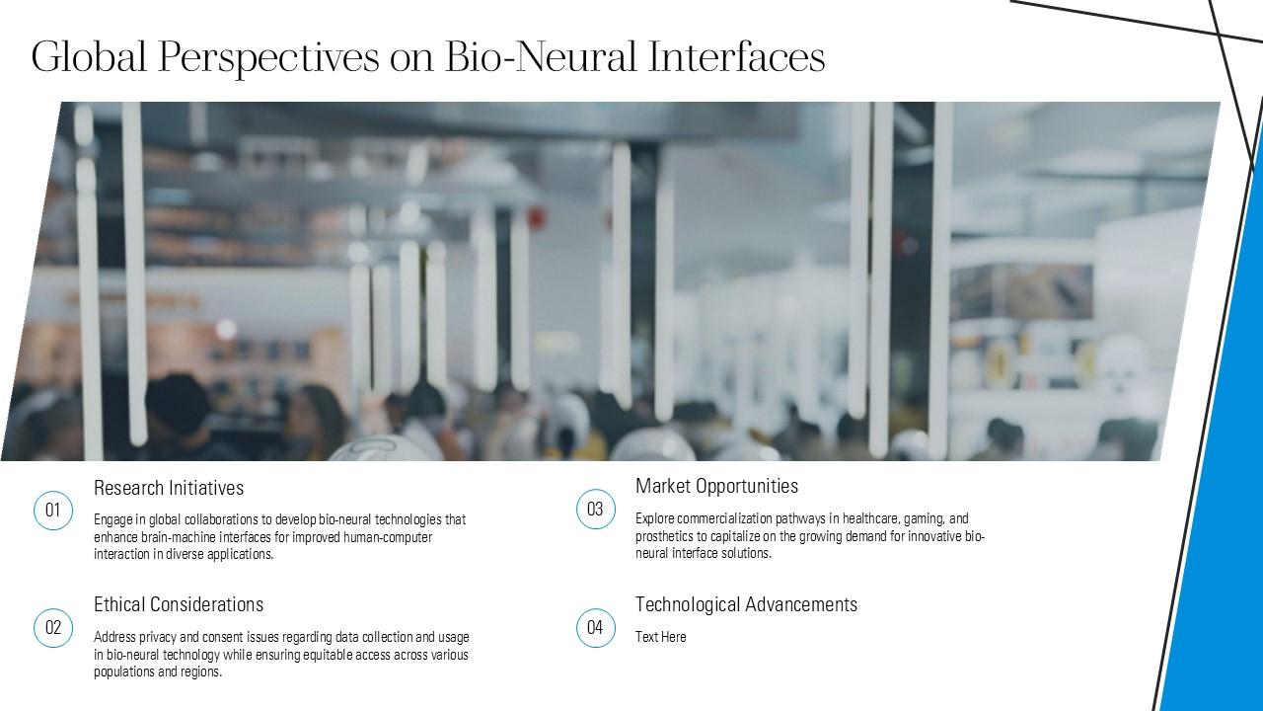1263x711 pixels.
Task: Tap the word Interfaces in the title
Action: [x=736, y=57]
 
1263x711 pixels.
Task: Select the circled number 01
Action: [x=53, y=511]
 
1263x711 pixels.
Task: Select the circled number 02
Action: [x=53, y=628]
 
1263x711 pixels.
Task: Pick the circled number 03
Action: [x=595, y=510]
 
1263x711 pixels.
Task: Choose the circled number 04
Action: [x=595, y=628]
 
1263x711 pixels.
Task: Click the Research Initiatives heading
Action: [x=169, y=488]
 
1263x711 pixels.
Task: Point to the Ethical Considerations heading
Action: [x=179, y=604]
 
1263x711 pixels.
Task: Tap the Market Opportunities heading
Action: [x=716, y=486]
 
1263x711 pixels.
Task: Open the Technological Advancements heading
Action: [x=746, y=604]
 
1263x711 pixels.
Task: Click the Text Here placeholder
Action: [x=660, y=637]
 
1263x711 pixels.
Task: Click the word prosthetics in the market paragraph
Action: [x=668, y=536]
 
